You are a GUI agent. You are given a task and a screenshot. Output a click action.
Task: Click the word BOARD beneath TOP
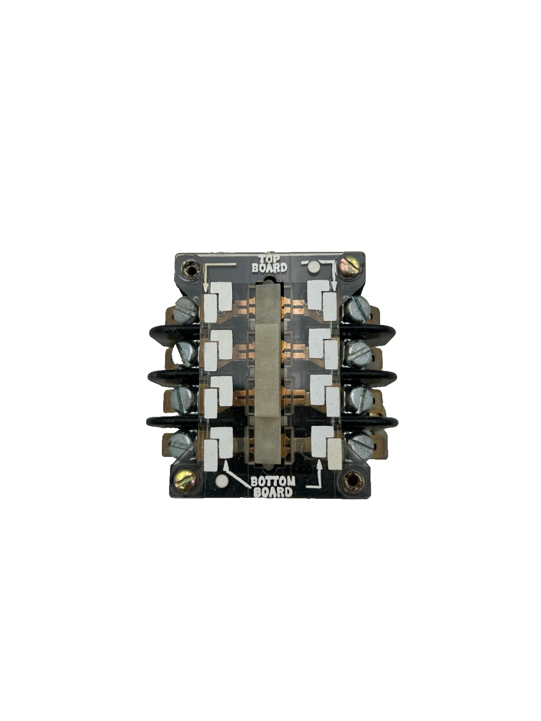[269, 268]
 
